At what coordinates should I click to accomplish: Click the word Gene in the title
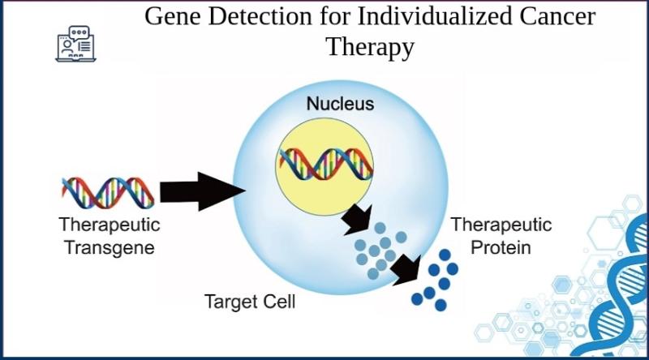point(174,16)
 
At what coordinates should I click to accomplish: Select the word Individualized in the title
point(415,16)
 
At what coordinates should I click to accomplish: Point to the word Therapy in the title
point(370,48)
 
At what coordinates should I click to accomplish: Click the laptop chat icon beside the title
point(76,45)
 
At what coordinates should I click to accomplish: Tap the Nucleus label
point(340,104)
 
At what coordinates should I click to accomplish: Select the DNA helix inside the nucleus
point(326,164)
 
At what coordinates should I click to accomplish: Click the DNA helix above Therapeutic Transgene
point(108,193)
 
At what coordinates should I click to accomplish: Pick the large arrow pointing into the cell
point(203,191)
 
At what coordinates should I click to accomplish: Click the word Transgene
point(110,247)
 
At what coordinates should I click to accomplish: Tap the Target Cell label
point(250,302)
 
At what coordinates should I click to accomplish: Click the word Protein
point(501,247)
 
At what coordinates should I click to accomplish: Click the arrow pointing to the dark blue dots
point(406,270)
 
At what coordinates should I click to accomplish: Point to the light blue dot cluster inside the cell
point(379,251)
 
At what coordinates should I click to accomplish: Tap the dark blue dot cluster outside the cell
point(435,280)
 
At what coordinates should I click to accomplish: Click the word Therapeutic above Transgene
point(110,225)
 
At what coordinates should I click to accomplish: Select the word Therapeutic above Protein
point(501,225)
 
